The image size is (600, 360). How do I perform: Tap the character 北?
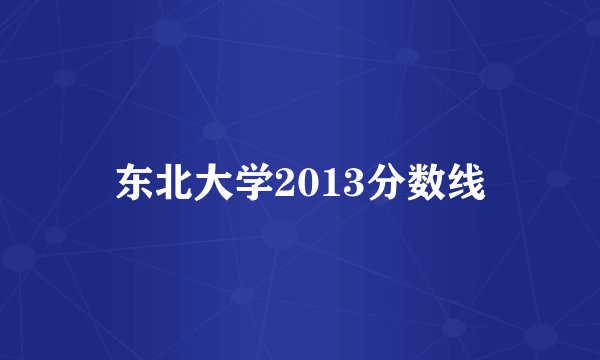click(x=172, y=183)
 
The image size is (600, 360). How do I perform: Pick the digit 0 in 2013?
click(x=300, y=184)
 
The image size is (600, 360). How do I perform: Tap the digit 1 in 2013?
click(x=320, y=184)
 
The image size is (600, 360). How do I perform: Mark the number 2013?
click(x=310, y=184)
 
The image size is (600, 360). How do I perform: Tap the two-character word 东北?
click(x=153, y=183)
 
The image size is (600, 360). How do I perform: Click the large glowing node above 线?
click(x=496, y=75)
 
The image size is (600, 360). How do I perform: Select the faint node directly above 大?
click(x=213, y=130)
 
